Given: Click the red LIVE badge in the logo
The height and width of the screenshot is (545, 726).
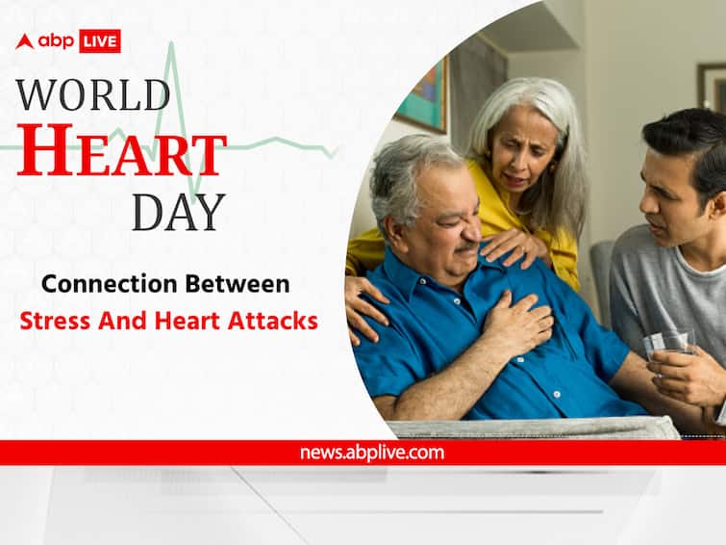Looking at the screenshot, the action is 100,41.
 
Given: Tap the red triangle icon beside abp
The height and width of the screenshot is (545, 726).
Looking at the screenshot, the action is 25,41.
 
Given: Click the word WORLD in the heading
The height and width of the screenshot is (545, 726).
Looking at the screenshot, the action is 93,94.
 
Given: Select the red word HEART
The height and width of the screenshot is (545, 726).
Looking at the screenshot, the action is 121,151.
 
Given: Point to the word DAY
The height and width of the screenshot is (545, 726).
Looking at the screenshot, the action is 178,212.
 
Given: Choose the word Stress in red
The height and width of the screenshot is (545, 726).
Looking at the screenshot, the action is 55,321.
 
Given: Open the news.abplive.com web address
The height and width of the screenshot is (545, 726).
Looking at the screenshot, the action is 372,453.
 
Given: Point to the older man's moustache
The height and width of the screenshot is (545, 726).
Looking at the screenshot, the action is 464,249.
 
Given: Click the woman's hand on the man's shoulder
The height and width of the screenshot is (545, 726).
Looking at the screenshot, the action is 510,246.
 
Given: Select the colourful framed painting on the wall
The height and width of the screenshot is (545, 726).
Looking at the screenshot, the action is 424,96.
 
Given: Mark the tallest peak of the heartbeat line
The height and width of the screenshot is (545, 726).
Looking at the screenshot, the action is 172,43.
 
